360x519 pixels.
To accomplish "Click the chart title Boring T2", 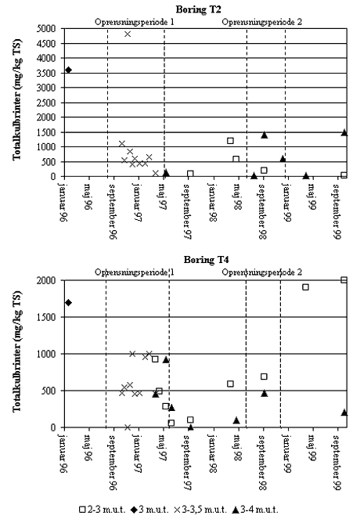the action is [x=198, y=9].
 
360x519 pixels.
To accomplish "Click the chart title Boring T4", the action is [x=206, y=260].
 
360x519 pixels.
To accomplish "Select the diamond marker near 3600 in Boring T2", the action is [x=69, y=70].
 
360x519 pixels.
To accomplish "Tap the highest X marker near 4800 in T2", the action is [x=128, y=34].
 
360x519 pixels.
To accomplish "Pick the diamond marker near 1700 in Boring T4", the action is [x=69, y=302].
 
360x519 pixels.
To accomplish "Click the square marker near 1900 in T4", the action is [x=305, y=287].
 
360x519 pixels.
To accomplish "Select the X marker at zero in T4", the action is [x=128, y=427].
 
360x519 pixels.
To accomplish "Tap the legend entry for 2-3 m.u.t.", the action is [x=103, y=510].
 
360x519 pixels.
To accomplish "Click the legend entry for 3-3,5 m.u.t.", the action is [x=200, y=510].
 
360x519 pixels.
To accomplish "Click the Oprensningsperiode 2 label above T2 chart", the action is [x=261, y=22].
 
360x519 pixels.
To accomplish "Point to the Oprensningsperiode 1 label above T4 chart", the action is [x=135, y=272].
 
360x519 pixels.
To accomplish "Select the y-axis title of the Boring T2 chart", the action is [x=16, y=99].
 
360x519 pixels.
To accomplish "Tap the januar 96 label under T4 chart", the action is [x=64, y=453].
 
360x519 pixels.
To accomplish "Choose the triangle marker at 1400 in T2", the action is [x=265, y=135].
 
